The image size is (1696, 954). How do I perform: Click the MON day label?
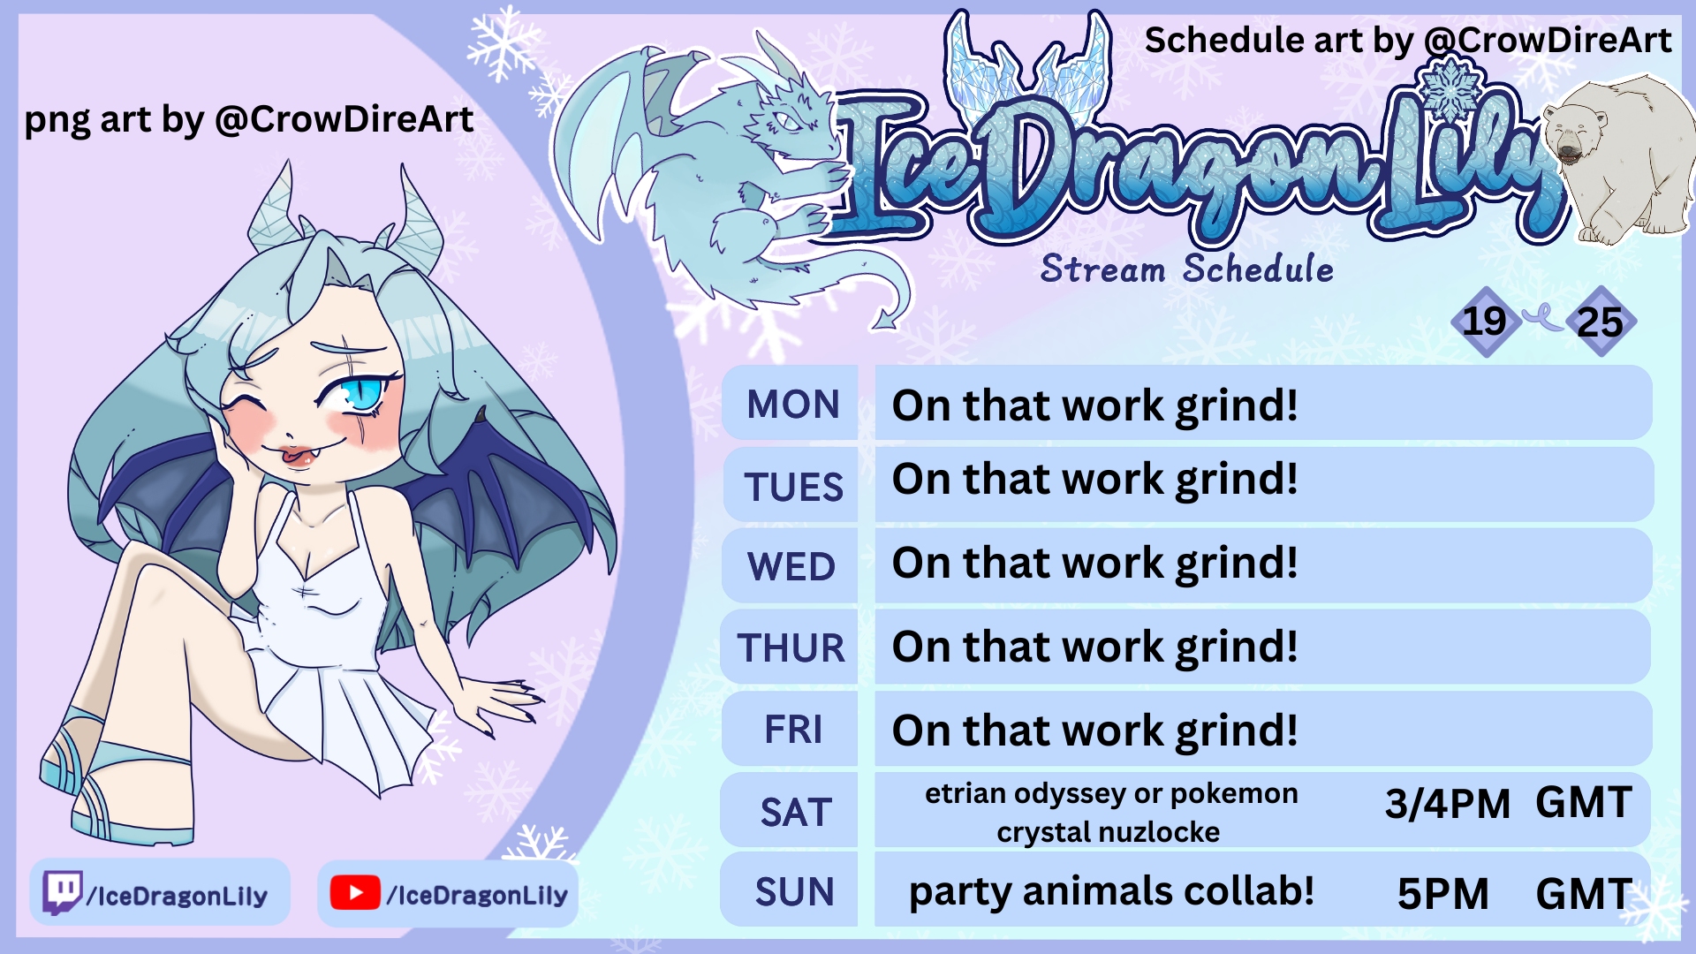(792, 405)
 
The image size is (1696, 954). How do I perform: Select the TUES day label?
(793, 487)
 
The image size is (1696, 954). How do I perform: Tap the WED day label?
(791, 566)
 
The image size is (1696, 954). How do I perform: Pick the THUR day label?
(791, 647)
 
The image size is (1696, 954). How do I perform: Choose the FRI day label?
(793, 730)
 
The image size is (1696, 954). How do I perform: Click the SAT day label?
(796, 812)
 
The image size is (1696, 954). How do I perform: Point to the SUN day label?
(794, 892)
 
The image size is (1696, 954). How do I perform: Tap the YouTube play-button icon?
(355, 893)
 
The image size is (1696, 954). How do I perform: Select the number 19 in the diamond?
(1484, 321)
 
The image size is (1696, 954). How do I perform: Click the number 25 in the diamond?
(1600, 322)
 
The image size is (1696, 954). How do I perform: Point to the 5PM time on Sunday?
(1442, 894)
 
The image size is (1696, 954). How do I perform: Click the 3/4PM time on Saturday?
(1447, 804)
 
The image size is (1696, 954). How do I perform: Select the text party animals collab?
(1111, 891)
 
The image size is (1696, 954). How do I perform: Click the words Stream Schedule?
(1187, 269)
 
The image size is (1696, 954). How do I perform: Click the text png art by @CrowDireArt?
(248, 119)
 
